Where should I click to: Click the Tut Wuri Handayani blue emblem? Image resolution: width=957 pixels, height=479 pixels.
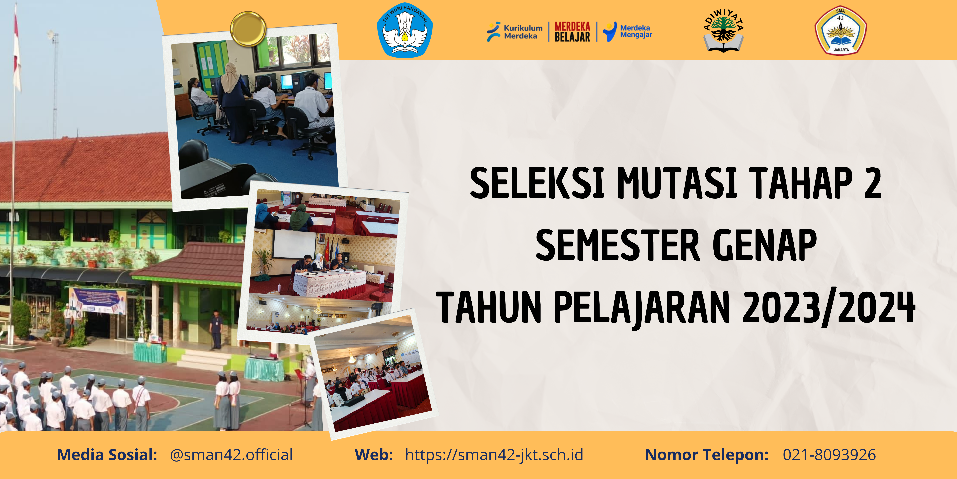[x=405, y=30]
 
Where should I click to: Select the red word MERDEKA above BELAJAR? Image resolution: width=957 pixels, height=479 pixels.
[x=572, y=26]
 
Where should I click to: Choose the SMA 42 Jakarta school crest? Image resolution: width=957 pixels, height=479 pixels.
[x=840, y=30]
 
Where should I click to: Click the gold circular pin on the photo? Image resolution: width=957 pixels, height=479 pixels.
[x=248, y=29]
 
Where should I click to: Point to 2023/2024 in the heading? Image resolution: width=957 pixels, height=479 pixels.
[x=829, y=307]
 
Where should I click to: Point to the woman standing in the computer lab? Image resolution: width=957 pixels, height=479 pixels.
[x=233, y=100]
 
